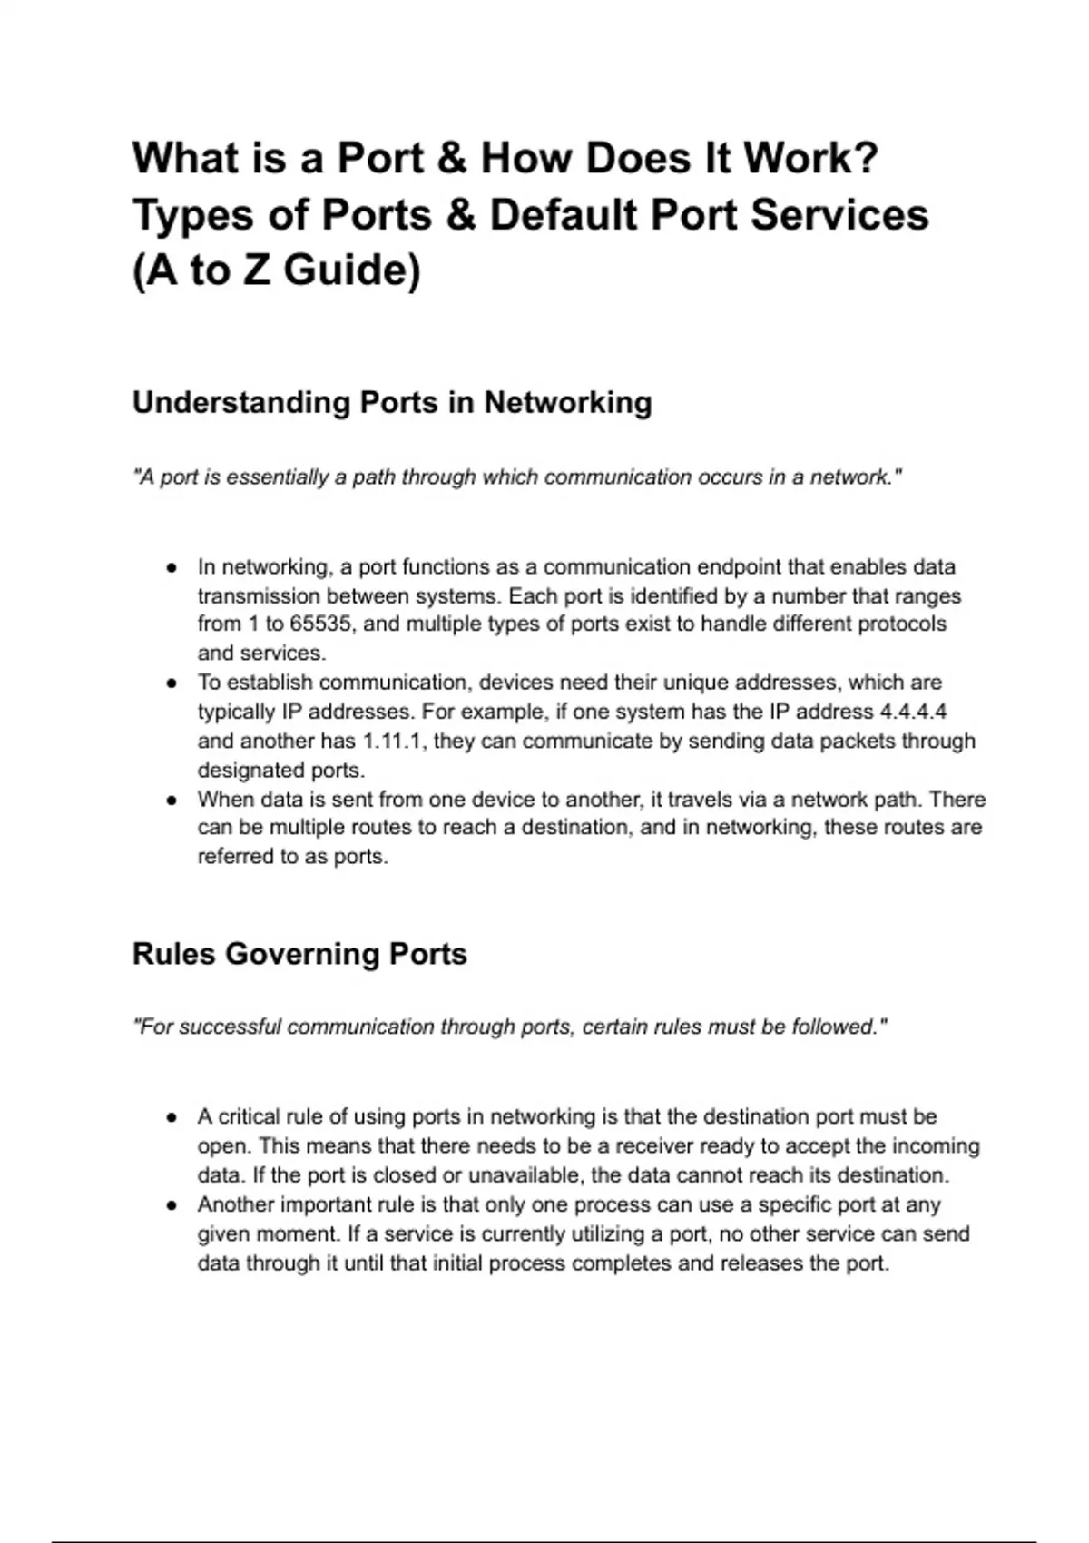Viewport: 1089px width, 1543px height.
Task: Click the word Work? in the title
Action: tap(810, 158)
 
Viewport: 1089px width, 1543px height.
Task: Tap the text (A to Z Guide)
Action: tap(277, 270)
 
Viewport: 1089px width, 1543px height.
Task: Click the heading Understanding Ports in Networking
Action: tap(392, 402)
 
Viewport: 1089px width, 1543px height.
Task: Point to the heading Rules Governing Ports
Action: tap(299, 954)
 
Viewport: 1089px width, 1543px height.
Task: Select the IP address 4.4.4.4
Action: tap(913, 712)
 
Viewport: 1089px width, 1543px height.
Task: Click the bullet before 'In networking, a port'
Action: tap(172, 568)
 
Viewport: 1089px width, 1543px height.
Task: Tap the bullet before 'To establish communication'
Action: tap(172, 683)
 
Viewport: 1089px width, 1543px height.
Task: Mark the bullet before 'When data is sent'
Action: tap(172, 801)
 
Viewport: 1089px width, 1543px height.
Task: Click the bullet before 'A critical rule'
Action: tap(172, 1118)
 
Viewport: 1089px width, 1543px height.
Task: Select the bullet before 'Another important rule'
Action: tap(172, 1206)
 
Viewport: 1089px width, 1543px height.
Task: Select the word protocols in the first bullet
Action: tap(902, 624)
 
